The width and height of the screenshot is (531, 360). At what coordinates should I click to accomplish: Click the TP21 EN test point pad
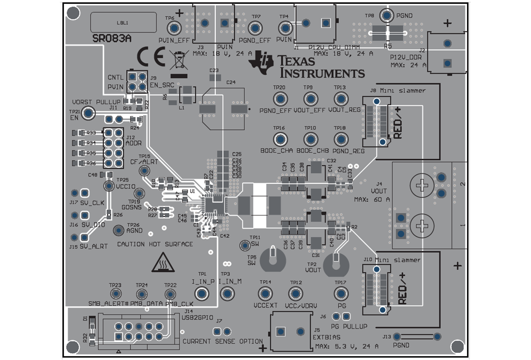pos(88,113)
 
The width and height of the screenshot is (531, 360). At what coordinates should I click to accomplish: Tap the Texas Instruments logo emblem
pos(261,63)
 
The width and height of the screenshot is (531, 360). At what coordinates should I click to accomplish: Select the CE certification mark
pos(151,57)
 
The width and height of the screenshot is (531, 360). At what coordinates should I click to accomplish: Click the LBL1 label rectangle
pos(123,22)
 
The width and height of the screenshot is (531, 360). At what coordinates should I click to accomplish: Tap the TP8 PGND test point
pos(387,16)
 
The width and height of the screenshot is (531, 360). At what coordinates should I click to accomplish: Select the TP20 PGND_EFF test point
pos(280,99)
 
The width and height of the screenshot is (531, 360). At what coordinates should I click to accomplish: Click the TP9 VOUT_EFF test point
pos(310,99)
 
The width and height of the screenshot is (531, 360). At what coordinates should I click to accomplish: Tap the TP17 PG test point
pos(340,294)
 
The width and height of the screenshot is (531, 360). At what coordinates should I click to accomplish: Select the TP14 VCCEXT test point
pos(265,294)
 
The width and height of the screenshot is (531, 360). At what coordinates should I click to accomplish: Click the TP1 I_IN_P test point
pos(202,294)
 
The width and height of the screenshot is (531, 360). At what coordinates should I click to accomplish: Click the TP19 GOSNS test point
pos(139,194)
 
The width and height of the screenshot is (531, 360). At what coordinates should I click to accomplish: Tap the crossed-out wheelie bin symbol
pos(179,61)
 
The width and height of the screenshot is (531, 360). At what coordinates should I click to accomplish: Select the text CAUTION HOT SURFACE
pos(155,244)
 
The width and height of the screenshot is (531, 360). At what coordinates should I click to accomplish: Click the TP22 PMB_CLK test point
pos(170,294)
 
